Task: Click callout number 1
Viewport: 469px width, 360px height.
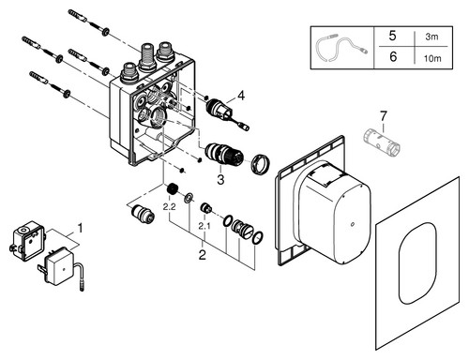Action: tap(81, 228)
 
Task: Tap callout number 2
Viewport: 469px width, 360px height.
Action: tap(203, 255)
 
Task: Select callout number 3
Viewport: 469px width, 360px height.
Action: tap(220, 180)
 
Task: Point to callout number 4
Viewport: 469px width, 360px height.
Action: tap(241, 96)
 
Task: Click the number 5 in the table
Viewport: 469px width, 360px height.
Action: tap(393, 36)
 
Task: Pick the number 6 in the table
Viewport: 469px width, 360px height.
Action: tap(393, 56)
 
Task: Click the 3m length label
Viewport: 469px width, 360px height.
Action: tap(431, 37)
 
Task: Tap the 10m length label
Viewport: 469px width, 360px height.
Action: tap(432, 58)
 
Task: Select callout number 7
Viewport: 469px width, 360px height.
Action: tap(384, 116)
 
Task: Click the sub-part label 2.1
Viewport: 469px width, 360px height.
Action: tap(204, 226)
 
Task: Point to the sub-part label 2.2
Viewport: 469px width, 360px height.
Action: tap(169, 206)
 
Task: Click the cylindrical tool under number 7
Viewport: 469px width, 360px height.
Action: tap(382, 142)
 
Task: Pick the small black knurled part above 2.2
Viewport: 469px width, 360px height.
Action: tap(172, 189)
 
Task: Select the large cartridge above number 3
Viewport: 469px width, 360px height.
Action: tap(224, 156)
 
